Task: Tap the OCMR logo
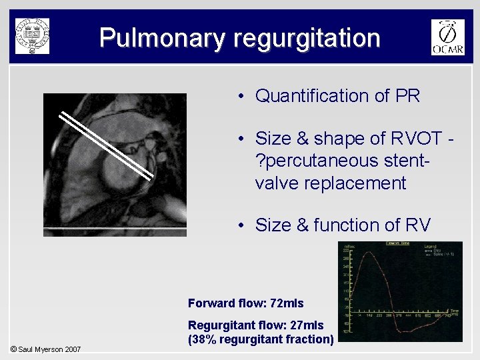click(x=447, y=37)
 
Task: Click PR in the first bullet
click(x=407, y=96)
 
